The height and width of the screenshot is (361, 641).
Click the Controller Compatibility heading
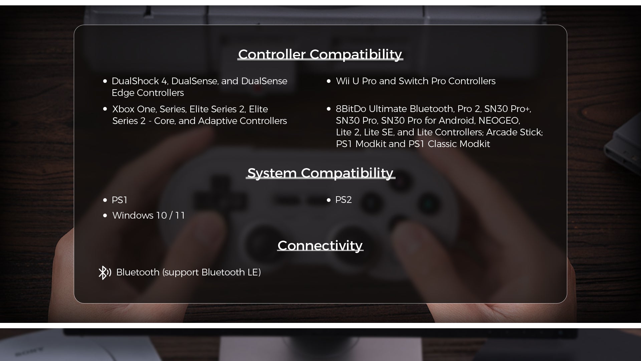point(320,54)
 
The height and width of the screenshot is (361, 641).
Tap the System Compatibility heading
point(320,173)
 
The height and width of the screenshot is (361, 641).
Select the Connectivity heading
point(320,246)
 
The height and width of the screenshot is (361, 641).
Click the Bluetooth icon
point(104,273)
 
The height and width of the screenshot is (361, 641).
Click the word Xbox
point(123,109)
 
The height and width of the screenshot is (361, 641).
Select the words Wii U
point(348,81)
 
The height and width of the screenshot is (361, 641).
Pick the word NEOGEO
point(499,121)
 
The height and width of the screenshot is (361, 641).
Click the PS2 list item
point(343,200)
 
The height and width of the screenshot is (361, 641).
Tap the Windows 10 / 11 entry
point(149,216)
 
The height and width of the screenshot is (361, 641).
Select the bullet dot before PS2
point(329,200)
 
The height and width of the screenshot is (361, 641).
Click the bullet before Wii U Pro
point(329,81)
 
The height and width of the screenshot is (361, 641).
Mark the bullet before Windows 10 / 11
point(105,216)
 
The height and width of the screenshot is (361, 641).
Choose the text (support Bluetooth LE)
point(211,272)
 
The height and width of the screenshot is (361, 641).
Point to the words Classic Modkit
point(459,144)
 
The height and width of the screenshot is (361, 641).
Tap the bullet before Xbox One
point(105,109)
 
